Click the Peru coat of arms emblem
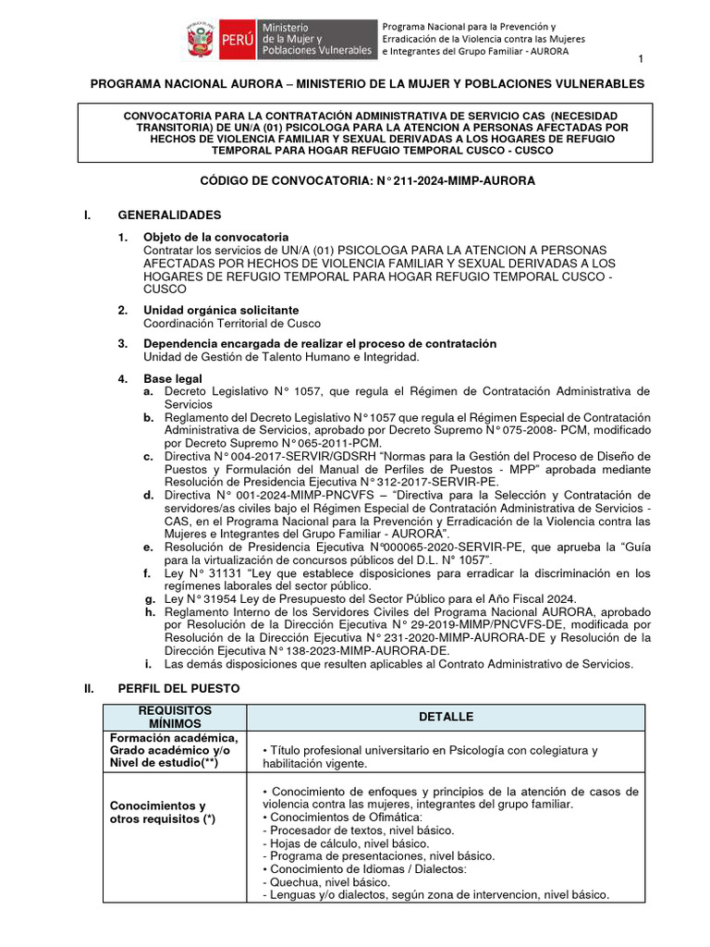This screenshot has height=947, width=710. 198,43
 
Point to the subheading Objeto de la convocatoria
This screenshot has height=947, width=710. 215,238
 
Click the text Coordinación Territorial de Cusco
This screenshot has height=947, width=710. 231,323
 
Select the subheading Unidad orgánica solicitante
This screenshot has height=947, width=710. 220,310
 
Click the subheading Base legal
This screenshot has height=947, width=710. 172,378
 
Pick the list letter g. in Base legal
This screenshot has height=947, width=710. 148,598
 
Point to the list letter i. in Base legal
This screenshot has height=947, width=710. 148,663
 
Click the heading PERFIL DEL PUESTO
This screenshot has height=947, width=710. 178,689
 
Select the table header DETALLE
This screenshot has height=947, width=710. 446,717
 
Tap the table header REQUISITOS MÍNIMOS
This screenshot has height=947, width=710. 162,717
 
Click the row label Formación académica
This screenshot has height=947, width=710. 174,737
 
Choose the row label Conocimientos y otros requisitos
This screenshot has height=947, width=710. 158,812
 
